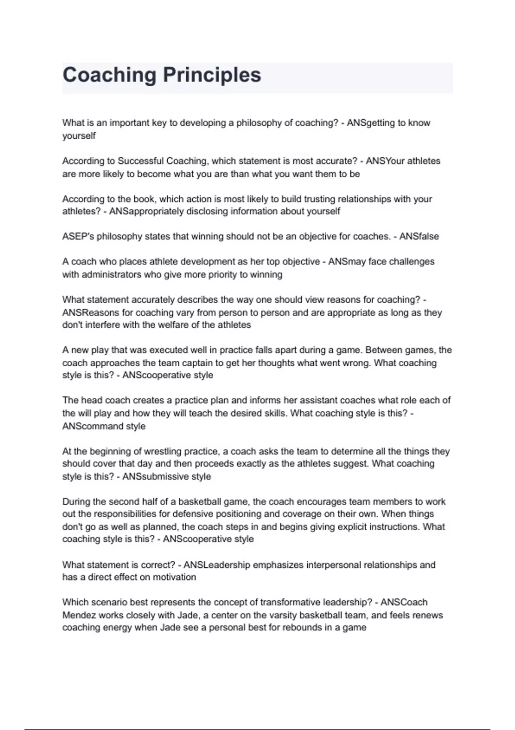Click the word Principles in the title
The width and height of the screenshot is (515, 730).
pyautogui.click(x=212, y=75)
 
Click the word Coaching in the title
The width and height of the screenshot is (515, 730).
pyautogui.click(x=109, y=75)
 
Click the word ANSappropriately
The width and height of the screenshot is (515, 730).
pyautogui.click(x=146, y=211)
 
